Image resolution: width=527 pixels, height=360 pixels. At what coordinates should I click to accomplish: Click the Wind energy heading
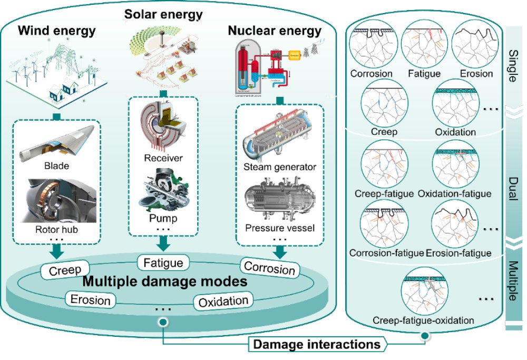[57, 30]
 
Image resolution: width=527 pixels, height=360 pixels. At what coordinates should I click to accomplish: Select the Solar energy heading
[163, 14]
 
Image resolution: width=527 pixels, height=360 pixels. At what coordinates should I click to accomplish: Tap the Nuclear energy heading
[275, 31]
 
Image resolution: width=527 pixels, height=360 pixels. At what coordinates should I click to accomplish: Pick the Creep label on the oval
[64, 271]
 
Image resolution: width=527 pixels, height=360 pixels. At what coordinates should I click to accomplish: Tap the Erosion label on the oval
[90, 300]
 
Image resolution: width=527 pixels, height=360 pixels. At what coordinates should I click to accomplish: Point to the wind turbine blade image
[57, 148]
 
